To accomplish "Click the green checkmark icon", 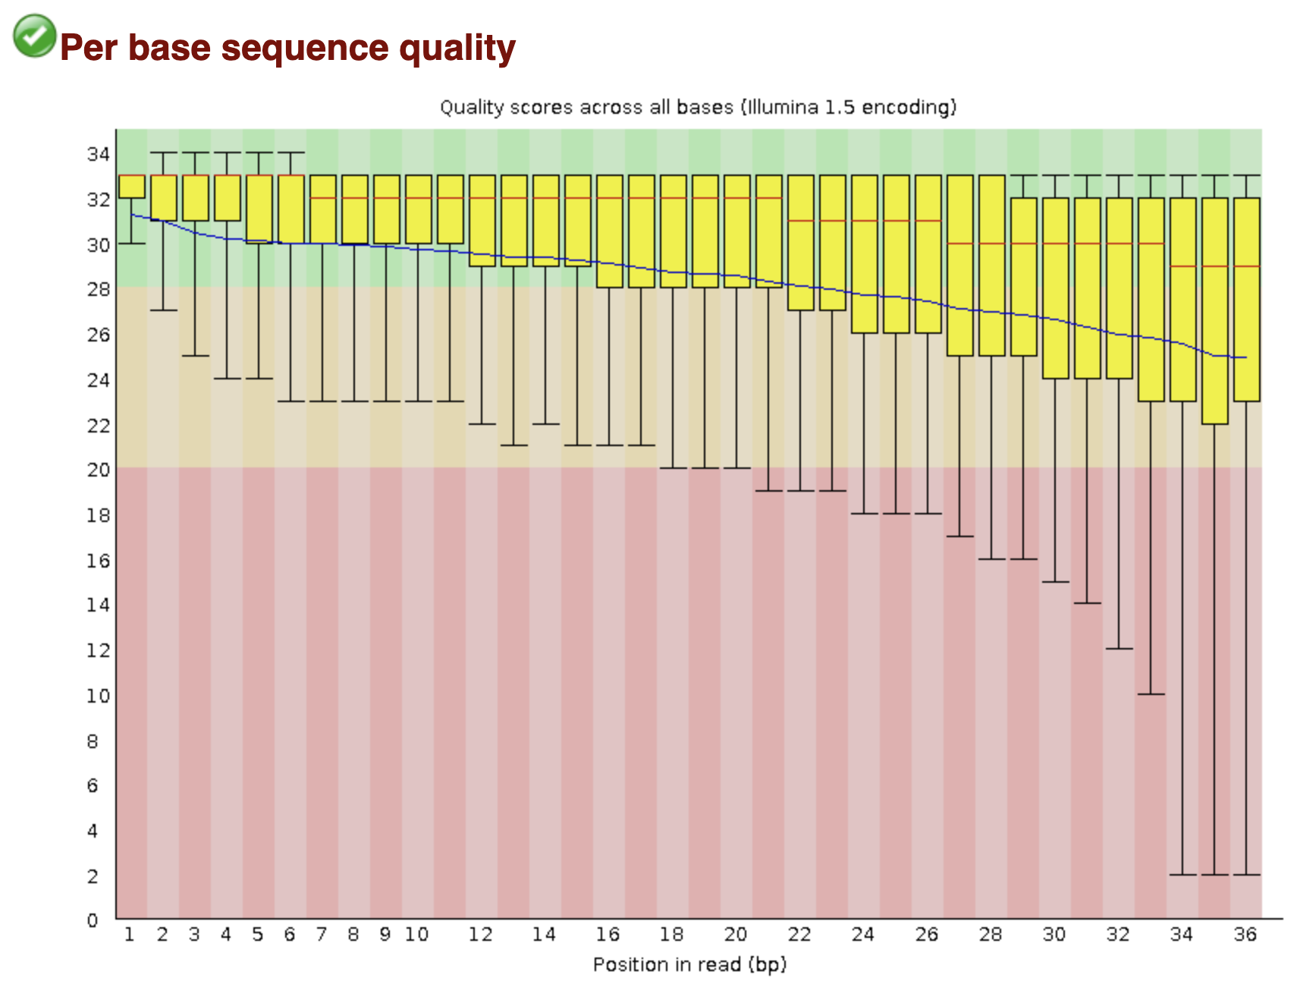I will tap(34, 36).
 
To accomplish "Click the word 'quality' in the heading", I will tap(457, 48).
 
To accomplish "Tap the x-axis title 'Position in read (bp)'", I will tap(689, 964).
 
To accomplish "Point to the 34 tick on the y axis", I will tap(98, 154).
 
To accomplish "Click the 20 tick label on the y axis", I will tap(98, 470).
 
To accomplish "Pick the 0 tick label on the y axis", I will tap(93, 920).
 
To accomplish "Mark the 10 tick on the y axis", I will tap(98, 695).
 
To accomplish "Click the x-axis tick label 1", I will tap(130, 934).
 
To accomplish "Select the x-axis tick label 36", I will tap(1245, 934).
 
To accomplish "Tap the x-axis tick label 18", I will tap(672, 934).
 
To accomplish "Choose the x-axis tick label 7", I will tap(322, 934).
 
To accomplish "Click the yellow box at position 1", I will tap(132, 187).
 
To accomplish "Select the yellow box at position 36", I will tap(1247, 300).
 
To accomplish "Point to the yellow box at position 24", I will tap(865, 254).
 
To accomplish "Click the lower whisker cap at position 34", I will tap(1182, 875).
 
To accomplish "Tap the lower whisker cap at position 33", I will tap(1151, 694).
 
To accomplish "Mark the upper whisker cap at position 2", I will tap(164, 153).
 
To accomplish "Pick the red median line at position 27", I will tap(960, 244).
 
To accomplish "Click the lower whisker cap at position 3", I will tap(196, 356).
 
